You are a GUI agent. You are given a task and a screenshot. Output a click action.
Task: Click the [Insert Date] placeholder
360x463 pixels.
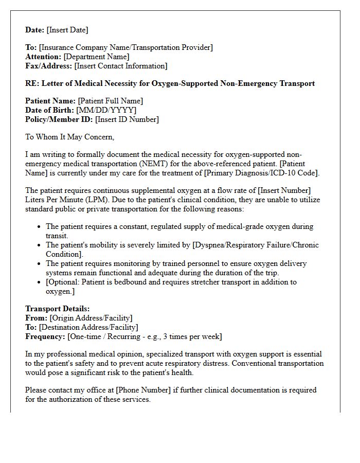pyautogui.click(x=67, y=30)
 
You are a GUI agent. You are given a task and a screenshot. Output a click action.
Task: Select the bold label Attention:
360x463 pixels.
pyautogui.click(x=43, y=57)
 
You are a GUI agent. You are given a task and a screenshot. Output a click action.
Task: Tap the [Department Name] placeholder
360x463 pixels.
pyautogui.click(x=96, y=57)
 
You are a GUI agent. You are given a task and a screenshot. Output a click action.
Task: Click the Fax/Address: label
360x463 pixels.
pyautogui.click(x=49, y=66)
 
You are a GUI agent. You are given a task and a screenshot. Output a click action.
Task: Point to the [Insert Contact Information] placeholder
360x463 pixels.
pyautogui.click(x=121, y=66)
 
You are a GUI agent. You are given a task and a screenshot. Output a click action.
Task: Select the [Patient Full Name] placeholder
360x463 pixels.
pyautogui.click(x=111, y=101)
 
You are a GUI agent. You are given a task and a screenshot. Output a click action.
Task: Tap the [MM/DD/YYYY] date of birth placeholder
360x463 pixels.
pyautogui.click(x=106, y=110)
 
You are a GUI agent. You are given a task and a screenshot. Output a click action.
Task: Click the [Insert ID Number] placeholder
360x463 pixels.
pyautogui.click(x=127, y=119)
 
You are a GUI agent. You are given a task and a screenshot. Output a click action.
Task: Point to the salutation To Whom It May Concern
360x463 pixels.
pyautogui.click(x=69, y=137)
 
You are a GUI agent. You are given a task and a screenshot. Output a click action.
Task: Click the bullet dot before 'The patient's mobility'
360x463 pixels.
pyautogui.click(x=40, y=245)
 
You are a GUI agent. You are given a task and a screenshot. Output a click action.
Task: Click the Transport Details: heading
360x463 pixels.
pyautogui.click(x=58, y=309)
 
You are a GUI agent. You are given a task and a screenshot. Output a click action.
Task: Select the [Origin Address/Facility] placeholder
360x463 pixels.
pyautogui.click(x=91, y=318)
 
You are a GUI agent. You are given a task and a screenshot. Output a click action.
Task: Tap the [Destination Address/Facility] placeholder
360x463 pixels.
pyautogui.click(x=88, y=327)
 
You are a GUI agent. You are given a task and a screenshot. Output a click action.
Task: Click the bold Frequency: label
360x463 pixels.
pyautogui.click(x=45, y=336)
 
